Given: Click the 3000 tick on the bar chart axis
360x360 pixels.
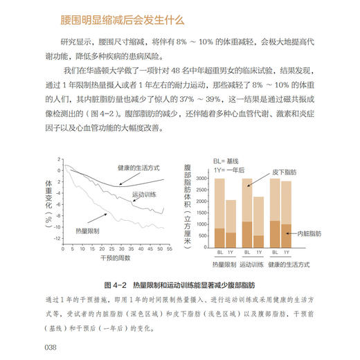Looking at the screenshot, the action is coord(202,179).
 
